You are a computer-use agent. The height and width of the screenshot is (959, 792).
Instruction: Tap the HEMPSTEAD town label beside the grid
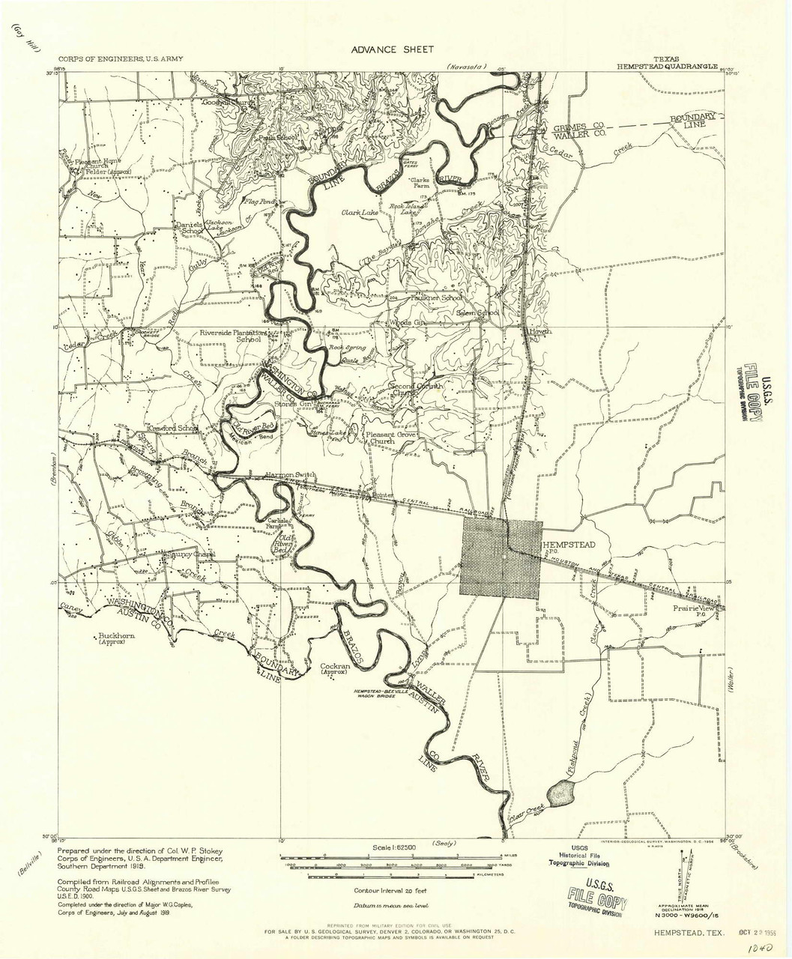[x=569, y=545]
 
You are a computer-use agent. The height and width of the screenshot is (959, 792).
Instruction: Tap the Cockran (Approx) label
[x=335, y=668]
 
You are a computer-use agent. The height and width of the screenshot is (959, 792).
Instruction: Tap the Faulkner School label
[x=436, y=297]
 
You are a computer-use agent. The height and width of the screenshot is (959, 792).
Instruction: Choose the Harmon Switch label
[x=291, y=475]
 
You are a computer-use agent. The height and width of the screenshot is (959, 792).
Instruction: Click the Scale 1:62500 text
[x=395, y=847]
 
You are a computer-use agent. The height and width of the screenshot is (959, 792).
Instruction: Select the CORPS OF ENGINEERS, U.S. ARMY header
[x=121, y=58]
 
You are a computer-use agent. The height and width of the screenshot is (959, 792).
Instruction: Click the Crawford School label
[x=172, y=429]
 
